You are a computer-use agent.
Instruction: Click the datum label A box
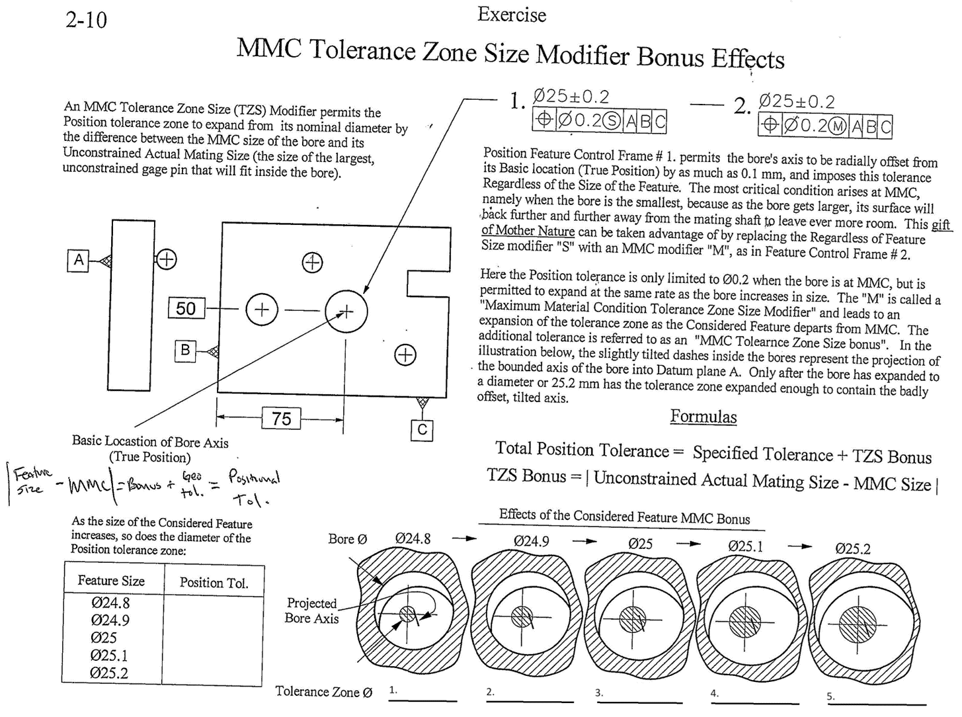[x=79, y=260]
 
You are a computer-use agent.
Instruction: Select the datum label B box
[x=186, y=351]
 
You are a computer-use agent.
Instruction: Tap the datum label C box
[x=422, y=431]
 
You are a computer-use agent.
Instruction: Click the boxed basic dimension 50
[x=186, y=308]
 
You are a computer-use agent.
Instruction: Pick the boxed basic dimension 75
[x=281, y=419]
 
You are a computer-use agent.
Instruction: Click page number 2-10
[x=86, y=20]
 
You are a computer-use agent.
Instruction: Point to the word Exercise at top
[x=512, y=15]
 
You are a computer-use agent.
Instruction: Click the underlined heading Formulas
[x=703, y=417]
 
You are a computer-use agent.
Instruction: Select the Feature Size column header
[x=111, y=581]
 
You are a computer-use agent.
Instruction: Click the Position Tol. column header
[x=214, y=583]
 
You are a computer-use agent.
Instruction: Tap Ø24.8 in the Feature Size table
[x=110, y=603]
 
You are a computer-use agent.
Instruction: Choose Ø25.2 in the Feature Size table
[x=110, y=673]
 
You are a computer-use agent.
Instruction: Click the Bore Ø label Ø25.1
[x=745, y=546]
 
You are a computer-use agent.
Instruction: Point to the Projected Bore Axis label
[x=311, y=611]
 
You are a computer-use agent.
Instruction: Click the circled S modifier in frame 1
[x=613, y=121]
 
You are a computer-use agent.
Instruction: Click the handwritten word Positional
[x=254, y=477]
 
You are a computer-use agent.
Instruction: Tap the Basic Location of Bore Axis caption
[x=150, y=449]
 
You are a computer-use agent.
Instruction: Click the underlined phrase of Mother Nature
[x=528, y=230]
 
